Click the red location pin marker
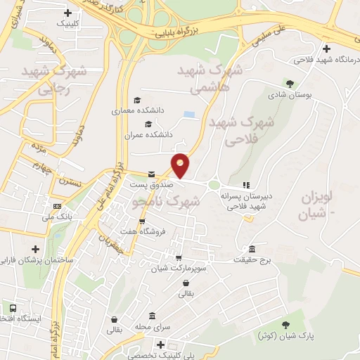[181, 165]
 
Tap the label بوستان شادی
[289, 94]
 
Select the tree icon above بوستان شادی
[289, 83]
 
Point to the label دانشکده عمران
[149, 134]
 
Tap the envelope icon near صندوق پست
[151, 174]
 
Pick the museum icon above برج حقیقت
[252, 249]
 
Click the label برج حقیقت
[252, 259]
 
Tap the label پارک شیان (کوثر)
[285, 335]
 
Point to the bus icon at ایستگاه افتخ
[13, 308]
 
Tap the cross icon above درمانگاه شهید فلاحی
[326, 49]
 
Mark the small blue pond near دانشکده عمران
[188, 114]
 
